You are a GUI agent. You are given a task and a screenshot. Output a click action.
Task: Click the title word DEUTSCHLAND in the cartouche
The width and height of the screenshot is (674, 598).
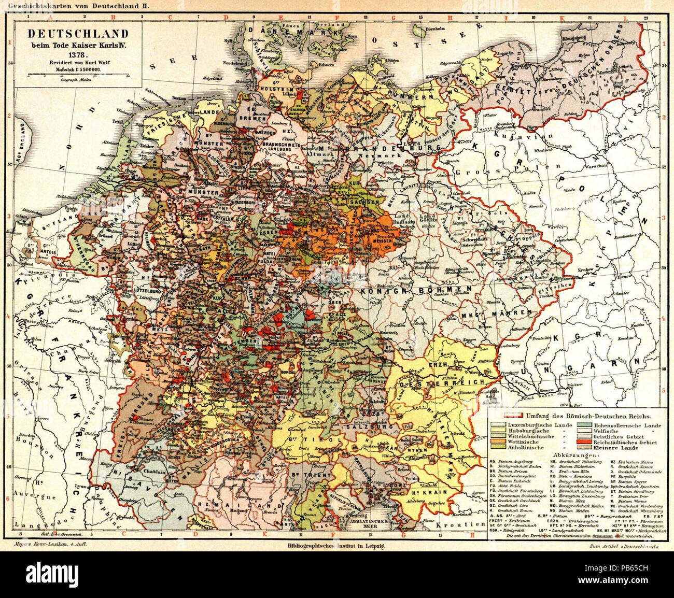pos(78,34)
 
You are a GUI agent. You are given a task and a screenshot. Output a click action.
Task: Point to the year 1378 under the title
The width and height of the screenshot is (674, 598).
pos(79,53)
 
